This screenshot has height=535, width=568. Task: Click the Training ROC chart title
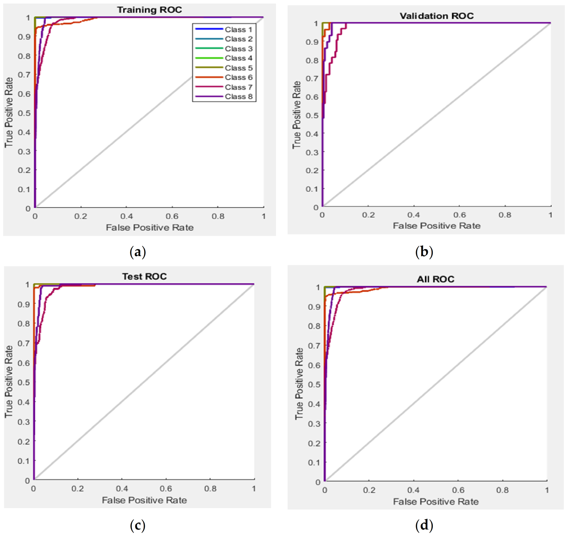point(149,10)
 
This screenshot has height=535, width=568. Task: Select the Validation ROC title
point(436,16)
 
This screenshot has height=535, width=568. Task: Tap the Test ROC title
point(144,276)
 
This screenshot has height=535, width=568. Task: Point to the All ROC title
point(435,279)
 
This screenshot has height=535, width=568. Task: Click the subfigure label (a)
point(138,252)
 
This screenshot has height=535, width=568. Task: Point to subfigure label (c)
point(138,525)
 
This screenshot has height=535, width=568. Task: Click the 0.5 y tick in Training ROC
point(24,113)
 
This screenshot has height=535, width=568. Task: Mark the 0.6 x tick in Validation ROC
point(459,215)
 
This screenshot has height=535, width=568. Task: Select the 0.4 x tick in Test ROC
point(122,489)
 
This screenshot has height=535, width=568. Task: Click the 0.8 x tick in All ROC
point(502,490)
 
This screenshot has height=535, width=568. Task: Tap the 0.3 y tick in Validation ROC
point(312,152)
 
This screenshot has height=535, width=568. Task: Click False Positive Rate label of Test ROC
point(144,500)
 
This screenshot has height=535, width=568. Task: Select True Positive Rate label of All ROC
point(299,384)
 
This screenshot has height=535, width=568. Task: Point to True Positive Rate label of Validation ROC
point(296,115)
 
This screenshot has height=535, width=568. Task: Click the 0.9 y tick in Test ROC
point(23,304)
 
